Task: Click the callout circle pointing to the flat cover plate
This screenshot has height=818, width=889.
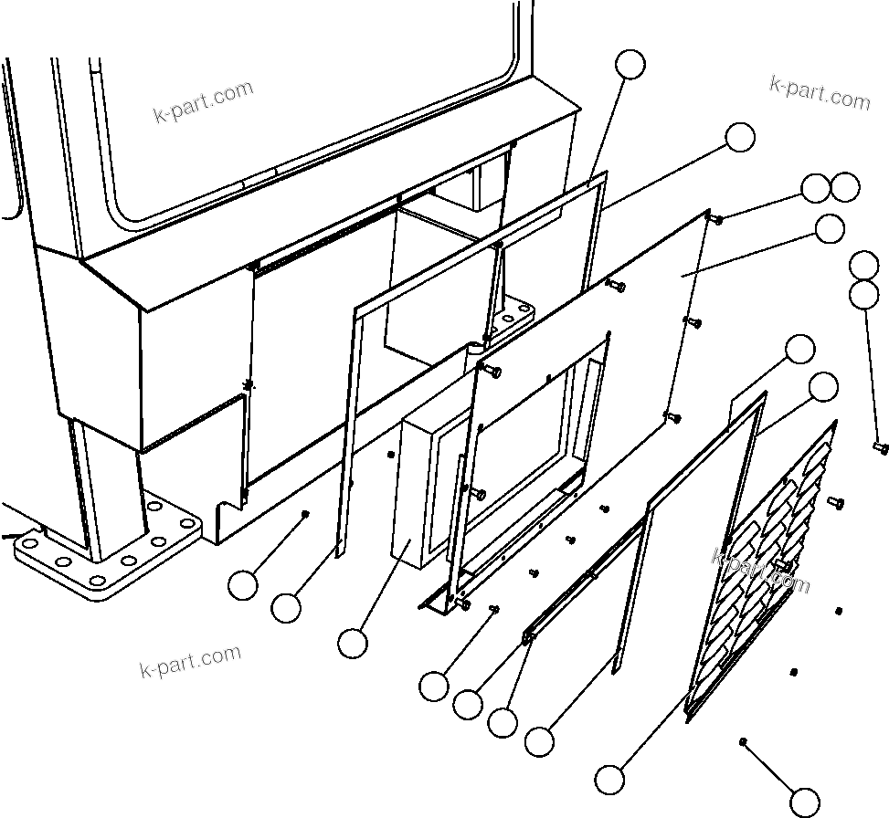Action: (829, 229)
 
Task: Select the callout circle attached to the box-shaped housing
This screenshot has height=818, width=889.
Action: (353, 643)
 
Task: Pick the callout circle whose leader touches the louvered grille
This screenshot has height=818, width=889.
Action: (610, 779)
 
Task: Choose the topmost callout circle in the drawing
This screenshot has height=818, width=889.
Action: (630, 64)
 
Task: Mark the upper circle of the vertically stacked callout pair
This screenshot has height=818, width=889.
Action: (863, 266)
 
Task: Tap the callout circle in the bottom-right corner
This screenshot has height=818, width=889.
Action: (805, 802)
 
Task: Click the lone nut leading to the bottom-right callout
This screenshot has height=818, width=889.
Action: (746, 741)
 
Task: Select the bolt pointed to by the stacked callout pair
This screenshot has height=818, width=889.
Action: (880, 447)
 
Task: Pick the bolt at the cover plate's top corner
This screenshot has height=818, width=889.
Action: (715, 218)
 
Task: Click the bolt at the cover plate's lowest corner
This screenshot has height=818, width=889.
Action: (672, 417)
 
